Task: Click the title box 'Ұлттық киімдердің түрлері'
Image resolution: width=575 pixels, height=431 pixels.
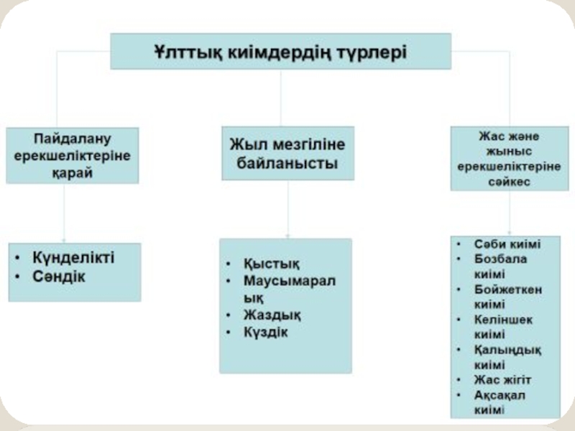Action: (x=280, y=51)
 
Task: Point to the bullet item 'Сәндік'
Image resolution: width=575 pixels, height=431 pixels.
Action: (x=58, y=277)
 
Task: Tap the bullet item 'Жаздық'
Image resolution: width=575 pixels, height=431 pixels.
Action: (x=272, y=315)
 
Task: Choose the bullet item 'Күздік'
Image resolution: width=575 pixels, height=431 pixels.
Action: (x=265, y=332)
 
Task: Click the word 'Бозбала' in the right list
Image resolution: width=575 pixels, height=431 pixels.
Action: (x=501, y=259)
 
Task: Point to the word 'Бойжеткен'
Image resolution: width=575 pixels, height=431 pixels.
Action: (x=508, y=289)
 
